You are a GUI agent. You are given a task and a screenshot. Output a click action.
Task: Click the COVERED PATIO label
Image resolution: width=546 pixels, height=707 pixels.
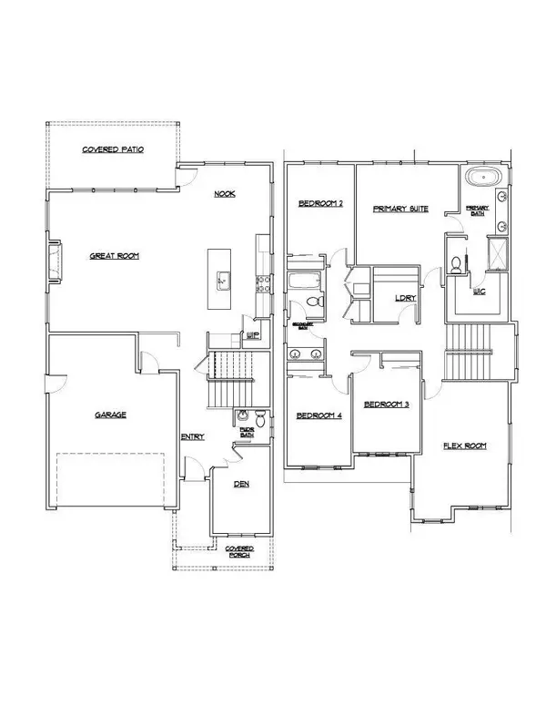[x=113, y=149]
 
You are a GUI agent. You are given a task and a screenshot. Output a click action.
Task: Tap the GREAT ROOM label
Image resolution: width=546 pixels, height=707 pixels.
[x=114, y=256]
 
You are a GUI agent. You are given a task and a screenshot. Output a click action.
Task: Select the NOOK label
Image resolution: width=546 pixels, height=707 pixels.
[x=225, y=194]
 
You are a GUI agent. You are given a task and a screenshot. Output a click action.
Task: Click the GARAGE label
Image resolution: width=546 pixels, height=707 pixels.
[x=110, y=415]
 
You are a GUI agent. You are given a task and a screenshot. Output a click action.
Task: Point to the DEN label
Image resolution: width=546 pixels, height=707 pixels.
[x=242, y=484]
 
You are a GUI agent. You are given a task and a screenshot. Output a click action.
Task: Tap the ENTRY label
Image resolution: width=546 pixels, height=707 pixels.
[x=192, y=436]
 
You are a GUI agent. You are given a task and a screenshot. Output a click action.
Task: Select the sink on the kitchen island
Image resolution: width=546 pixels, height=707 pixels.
[x=221, y=280]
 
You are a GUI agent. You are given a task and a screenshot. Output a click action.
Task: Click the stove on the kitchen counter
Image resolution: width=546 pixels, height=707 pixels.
[x=263, y=283]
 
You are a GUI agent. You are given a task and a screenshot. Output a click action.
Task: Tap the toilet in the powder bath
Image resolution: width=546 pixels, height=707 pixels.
[x=260, y=421]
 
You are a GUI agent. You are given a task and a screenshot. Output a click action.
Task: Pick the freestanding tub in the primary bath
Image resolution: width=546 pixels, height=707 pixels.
[x=479, y=177]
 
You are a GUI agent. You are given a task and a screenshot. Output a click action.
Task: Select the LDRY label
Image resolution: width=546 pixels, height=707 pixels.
[x=405, y=298]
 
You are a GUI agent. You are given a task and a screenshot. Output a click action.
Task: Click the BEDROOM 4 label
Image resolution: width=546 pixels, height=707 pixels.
[x=318, y=416]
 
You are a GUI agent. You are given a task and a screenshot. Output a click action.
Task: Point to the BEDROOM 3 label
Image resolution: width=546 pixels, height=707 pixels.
[x=385, y=405]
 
